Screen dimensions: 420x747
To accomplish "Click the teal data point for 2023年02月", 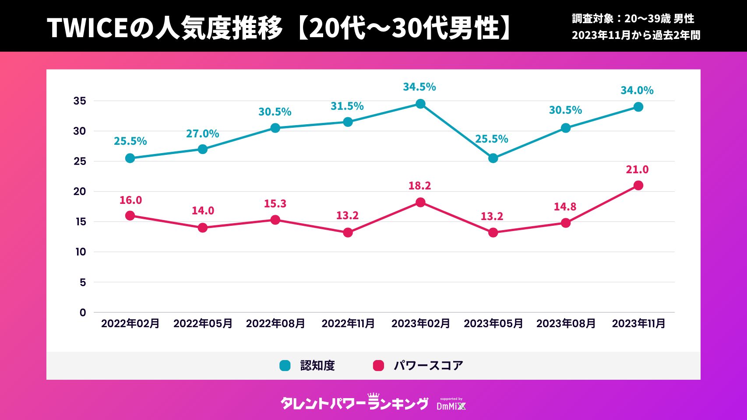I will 420,104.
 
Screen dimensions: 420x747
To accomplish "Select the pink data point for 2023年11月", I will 638,185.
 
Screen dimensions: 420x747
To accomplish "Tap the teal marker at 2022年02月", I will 130,158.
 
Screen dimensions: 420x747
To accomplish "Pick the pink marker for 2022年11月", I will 348,232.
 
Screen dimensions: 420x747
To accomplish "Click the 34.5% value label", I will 419,87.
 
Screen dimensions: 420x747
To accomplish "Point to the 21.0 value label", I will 637,170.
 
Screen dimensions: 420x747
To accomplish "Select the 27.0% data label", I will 202,134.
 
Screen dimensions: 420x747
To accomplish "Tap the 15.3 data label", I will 275,204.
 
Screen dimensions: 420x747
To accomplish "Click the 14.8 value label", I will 565,207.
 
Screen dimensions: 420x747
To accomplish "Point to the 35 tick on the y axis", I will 80,101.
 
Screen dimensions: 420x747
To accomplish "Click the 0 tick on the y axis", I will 83,312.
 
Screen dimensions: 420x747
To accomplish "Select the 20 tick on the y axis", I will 80,192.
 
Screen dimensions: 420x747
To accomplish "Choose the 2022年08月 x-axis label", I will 275,324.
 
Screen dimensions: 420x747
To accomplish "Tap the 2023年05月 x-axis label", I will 493,324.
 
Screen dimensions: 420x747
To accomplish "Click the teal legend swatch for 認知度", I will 285,366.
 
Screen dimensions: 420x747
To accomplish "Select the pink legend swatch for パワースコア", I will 378,366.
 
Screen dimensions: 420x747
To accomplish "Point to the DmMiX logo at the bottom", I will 451,405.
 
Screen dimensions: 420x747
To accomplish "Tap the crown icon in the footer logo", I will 373,395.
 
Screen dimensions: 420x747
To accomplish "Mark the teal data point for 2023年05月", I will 493,158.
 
